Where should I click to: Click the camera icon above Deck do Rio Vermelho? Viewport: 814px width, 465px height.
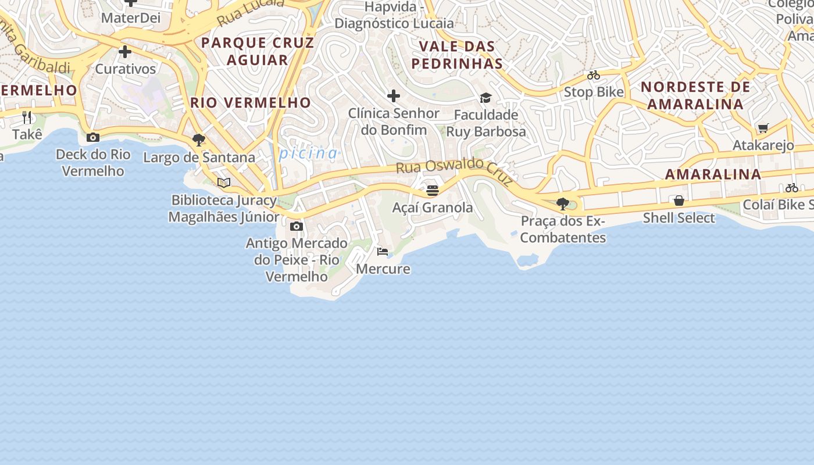[x=92, y=138]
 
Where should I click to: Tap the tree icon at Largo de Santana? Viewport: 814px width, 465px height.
[x=199, y=140]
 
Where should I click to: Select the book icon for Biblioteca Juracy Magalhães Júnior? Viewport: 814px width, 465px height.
[x=224, y=183]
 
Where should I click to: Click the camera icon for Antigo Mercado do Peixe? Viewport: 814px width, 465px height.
[x=297, y=226]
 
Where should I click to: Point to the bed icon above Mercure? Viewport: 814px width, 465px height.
[x=383, y=252]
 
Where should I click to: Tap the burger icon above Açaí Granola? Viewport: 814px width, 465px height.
[x=432, y=190]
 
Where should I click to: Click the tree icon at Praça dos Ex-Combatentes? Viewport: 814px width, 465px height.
[x=562, y=204]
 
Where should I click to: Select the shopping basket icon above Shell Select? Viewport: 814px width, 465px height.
[x=679, y=201]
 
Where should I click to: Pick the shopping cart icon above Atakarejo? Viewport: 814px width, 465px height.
[x=763, y=128]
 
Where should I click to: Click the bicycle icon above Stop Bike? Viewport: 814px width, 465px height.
[x=594, y=75]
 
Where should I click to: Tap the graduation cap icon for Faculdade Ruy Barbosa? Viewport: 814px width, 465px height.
[x=485, y=98]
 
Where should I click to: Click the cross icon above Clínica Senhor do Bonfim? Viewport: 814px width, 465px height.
[x=394, y=96]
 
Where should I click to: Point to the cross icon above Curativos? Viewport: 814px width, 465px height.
[x=125, y=52]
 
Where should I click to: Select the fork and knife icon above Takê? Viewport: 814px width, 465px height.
[x=27, y=117]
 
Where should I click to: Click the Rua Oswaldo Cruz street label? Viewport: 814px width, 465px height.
[x=455, y=173]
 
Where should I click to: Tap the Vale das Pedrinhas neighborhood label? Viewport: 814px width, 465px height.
[x=456, y=55]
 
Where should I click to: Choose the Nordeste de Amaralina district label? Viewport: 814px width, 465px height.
[x=695, y=95]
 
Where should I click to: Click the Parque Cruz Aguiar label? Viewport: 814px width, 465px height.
[x=257, y=51]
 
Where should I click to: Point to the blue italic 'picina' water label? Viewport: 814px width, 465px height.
[x=308, y=153]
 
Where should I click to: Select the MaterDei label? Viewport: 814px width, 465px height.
[x=130, y=18]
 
